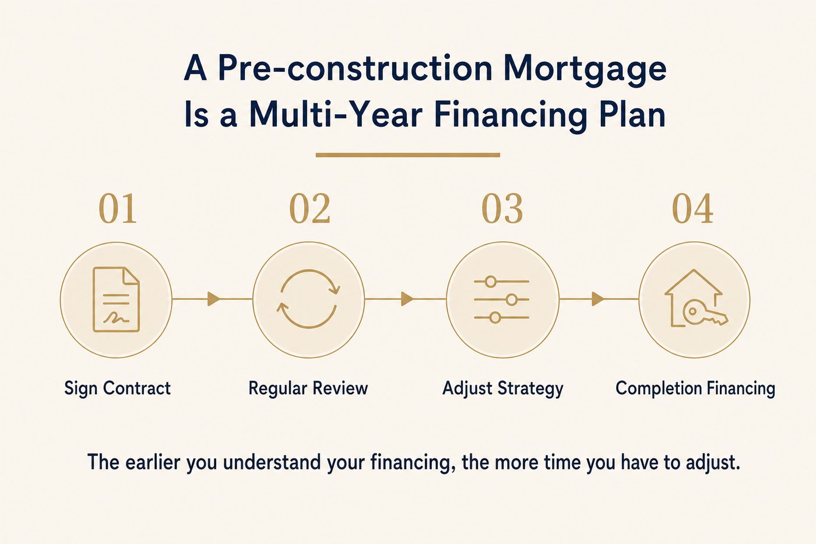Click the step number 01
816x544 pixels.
(x=118, y=209)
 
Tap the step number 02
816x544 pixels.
(x=309, y=209)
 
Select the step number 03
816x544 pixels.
(x=502, y=209)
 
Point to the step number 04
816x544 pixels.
(x=692, y=209)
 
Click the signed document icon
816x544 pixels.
(x=116, y=300)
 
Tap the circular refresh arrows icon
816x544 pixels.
(x=308, y=299)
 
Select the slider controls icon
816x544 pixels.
(x=502, y=300)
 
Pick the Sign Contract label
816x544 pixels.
(x=117, y=388)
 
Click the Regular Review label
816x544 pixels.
(x=308, y=389)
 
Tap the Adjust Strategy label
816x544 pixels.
(x=502, y=389)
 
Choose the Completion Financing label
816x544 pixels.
(x=695, y=389)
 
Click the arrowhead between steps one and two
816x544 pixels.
(x=213, y=299)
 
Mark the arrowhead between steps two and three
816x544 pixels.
(x=407, y=299)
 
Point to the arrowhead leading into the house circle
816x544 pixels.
(x=598, y=299)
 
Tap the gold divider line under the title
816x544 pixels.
(x=407, y=155)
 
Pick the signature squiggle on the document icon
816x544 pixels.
(x=116, y=318)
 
